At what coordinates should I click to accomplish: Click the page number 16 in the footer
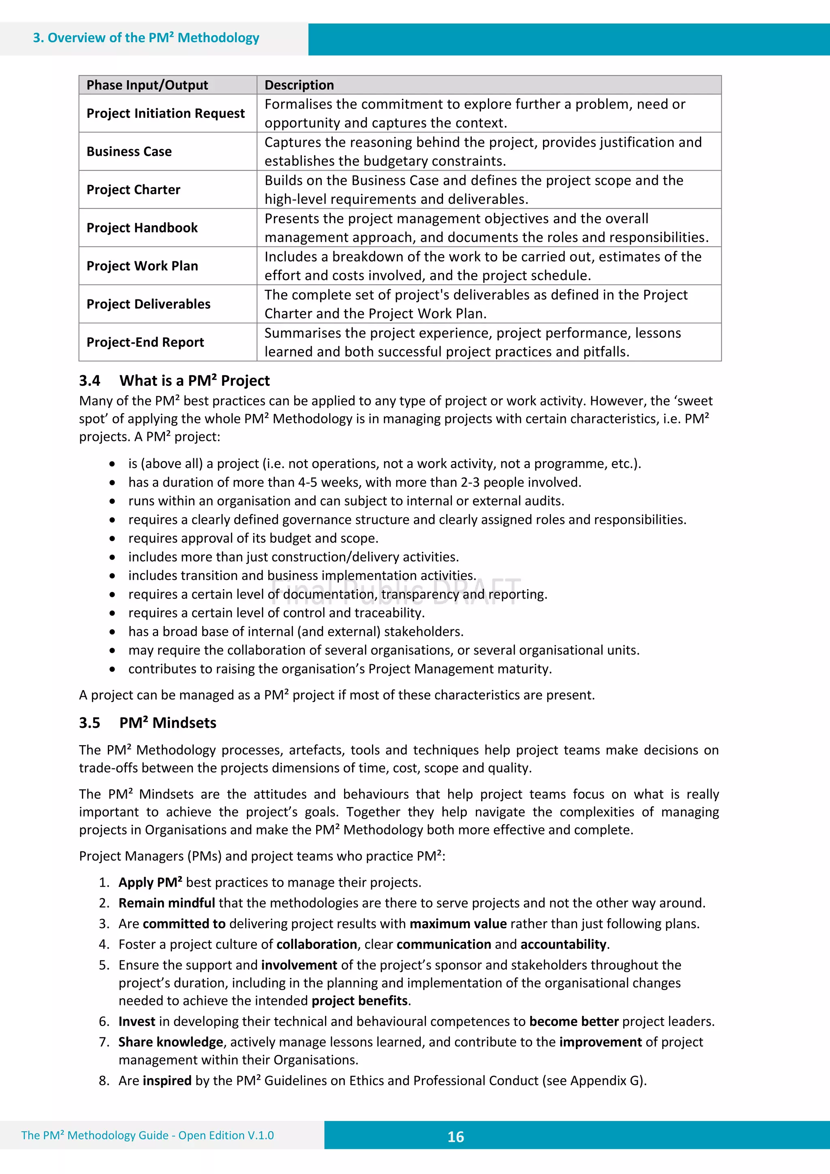455,1137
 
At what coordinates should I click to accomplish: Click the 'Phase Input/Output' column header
147,85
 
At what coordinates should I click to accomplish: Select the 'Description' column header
299,85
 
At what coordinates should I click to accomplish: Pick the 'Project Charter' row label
133,190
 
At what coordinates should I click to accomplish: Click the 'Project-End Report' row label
145,342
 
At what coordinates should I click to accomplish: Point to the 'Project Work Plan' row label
142,266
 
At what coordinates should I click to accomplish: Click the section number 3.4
90,381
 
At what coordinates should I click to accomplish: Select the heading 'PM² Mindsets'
168,723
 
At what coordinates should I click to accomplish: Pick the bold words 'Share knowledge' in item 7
170,1041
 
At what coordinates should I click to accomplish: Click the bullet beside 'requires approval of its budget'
112,539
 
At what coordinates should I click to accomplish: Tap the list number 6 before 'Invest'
104,1021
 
